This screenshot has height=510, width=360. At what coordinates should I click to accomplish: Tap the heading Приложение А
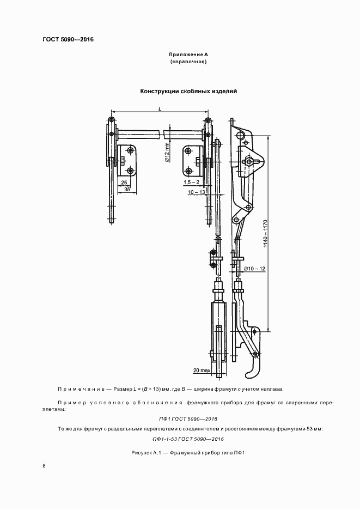pos(188,55)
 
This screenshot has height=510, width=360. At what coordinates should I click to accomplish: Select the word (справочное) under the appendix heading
pos(188,62)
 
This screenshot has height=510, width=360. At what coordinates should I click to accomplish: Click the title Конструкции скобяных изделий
pos(188,92)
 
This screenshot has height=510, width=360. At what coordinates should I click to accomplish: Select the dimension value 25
pos(124,183)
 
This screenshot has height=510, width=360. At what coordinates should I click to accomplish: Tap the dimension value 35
pos(127,190)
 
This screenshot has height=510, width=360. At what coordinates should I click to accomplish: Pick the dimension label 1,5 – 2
pos(191,183)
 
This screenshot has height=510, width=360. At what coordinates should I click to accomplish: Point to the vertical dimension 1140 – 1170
pos(266,234)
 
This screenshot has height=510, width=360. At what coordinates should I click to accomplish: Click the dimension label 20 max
pos(201,370)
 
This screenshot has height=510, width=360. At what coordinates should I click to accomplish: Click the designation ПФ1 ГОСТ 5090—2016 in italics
pos(188,418)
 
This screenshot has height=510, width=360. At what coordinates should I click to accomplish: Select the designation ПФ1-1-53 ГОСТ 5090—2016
pos(188,439)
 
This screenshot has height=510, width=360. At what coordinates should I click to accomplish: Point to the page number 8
pos(44,466)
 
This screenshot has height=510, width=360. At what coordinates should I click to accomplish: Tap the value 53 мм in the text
pos(312,429)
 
